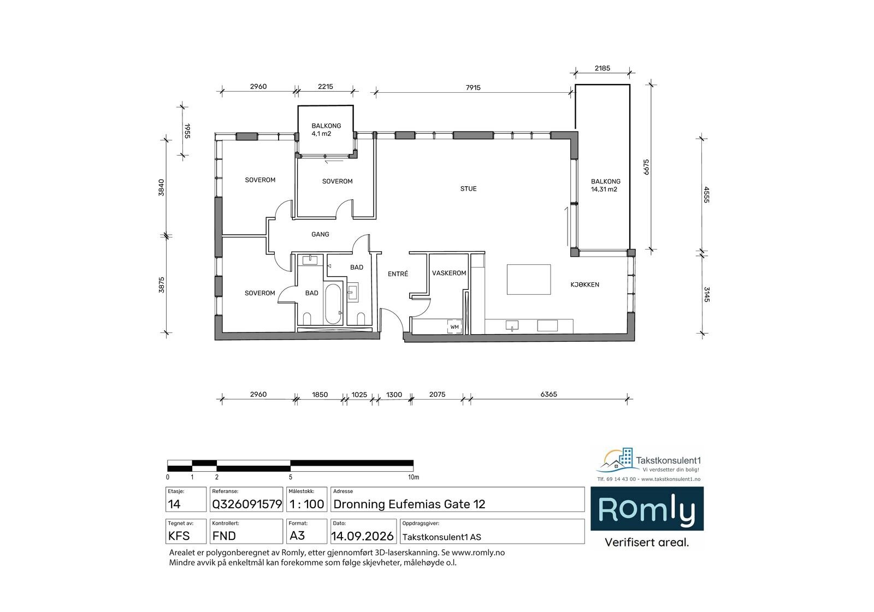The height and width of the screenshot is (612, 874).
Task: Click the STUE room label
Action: pos(468,189)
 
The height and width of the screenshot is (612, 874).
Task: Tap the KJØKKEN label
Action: pos(584,285)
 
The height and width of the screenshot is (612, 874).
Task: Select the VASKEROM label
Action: pos(448,273)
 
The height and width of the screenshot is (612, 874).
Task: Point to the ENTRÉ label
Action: pos(398,274)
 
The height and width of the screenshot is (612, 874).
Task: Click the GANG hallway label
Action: pos(320,234)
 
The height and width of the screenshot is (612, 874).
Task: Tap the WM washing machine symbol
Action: pos(454,327)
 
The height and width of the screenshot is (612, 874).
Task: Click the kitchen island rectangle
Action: pos(529,280)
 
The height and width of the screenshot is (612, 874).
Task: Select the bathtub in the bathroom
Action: pos(333,304)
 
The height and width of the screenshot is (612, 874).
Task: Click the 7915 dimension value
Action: pos(473,88)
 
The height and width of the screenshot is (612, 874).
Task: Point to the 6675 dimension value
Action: pos(646,167)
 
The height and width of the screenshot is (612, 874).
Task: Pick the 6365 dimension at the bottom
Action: pos(548,394)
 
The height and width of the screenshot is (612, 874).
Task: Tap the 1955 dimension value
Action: pos(187,131)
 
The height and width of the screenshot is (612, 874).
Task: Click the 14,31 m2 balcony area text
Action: pos(604,189)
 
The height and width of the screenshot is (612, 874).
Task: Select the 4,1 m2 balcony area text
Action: pos(321,134)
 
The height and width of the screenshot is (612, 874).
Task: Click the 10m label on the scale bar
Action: pos(414,477)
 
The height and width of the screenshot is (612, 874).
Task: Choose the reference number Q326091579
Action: pos(246,504)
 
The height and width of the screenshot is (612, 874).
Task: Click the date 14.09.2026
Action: pos(363,536)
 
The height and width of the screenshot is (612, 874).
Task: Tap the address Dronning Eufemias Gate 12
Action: pos(409,504)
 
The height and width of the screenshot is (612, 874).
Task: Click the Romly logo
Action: pos(647,509)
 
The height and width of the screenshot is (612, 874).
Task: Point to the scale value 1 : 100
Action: pos(306,504)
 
